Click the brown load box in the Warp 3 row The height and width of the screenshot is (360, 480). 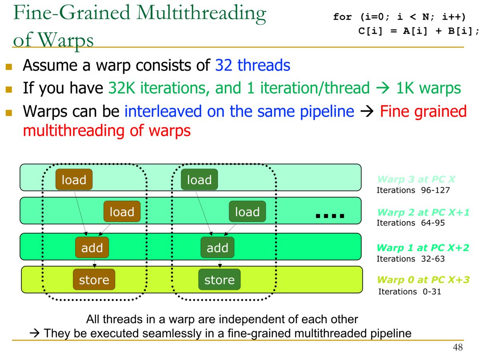tap(74, 180)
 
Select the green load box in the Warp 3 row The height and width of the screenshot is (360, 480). tap(199, 180)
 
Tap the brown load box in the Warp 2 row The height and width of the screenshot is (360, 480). tap(122, 212)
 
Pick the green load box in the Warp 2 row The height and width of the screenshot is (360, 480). tap(247, 212)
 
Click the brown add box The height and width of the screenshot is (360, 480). tap(92, 248)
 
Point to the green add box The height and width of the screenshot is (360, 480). tap(217, 248)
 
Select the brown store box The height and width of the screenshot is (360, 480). tap(94, 280)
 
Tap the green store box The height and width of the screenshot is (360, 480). tap(219, 280)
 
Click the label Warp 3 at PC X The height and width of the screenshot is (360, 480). tap(416, 179)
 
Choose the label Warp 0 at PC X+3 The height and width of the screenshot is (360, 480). tap(423, 280)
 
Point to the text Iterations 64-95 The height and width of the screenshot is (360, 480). tap(410, 223)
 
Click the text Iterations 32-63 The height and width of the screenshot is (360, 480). tap(410, 259)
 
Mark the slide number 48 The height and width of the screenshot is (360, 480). tap(458, 348)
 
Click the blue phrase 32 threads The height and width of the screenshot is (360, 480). tap(252, 65)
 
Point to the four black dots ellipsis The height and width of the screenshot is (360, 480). tap(330, 216)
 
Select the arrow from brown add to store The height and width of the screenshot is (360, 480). tap(94, 263)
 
